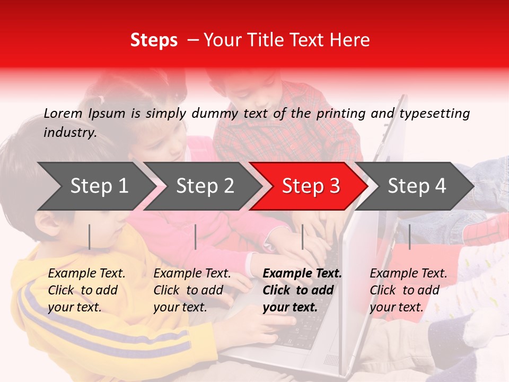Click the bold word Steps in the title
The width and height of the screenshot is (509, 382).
pyautogui.click(x=154, y=40)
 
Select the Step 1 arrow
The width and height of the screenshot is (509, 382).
pyautogui.click(x=95, y=186)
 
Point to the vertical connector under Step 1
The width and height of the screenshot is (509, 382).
pyautogui.click(x=90, y=237)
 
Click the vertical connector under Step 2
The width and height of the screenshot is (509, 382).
pyautogui.click(x=196, y=237)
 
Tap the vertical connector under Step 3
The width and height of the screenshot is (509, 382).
pyautogui.click(x=302, y=237)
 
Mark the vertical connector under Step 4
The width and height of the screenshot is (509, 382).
pyautogui.click(x=409, y=237)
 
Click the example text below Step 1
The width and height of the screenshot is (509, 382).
pyautogui.click(x=86, y=290)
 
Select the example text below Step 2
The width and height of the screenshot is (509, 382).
pyautogui.click(x=192, y=290)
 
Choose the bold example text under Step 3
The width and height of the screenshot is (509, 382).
pyautogui.click(x=302, y=290)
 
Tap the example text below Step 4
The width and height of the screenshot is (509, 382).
pyautogui.click(x=408, y=290)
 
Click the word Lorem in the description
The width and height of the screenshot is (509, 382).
pyautogui.click(x=63, y=113)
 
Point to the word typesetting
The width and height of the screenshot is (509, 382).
pyautogui.click(x=434, y=114)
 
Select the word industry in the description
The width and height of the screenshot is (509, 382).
pyautogui.click(x=69, y=132)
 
